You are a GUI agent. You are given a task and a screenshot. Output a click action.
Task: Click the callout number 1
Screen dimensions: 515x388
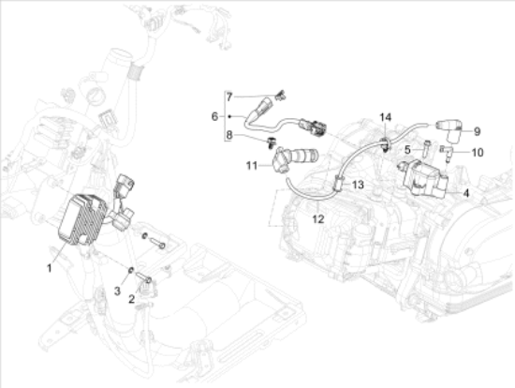(x=50, y=268)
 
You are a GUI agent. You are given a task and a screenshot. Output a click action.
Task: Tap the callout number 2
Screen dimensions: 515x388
(x=132, y=299)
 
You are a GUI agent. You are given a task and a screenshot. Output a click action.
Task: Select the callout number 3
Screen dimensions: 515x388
(x=118, y=291)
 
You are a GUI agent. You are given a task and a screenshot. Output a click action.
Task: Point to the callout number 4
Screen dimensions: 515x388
(x=466, y=193)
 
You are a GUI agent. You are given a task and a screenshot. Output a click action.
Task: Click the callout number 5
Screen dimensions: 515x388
(x=407, y=150)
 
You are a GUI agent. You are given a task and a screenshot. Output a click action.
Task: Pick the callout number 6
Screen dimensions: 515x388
(x=214, y=116)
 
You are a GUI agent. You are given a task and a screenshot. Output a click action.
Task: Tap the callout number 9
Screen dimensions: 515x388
(x=478, y=131)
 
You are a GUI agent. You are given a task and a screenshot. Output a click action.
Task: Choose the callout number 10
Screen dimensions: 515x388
(x=478, y=152)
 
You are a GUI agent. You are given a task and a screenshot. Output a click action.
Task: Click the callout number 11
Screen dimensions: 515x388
(x=252, y=165)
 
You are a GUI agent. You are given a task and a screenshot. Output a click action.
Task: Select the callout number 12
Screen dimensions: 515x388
(x=318, y=218)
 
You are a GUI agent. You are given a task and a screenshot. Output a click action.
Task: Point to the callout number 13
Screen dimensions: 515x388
(x=358, y=185)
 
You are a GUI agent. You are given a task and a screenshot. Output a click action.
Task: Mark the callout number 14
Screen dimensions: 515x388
(x=386, y=117)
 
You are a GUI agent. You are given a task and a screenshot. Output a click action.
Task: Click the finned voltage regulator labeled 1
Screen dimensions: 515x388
(x=82, y=218)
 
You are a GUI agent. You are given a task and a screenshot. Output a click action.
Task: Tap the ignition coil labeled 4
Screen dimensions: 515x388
(x=423, y=179)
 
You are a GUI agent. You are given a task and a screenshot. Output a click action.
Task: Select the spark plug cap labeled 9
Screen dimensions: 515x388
(x=449, y=131)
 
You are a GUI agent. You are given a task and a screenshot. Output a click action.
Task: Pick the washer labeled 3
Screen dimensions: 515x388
(x=130, y=270)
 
